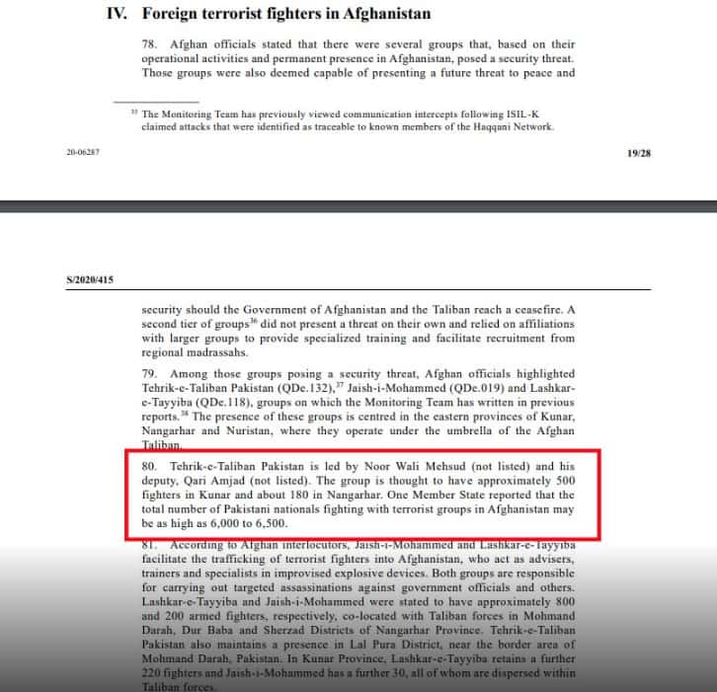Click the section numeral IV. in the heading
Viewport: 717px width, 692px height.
[119, 15]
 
